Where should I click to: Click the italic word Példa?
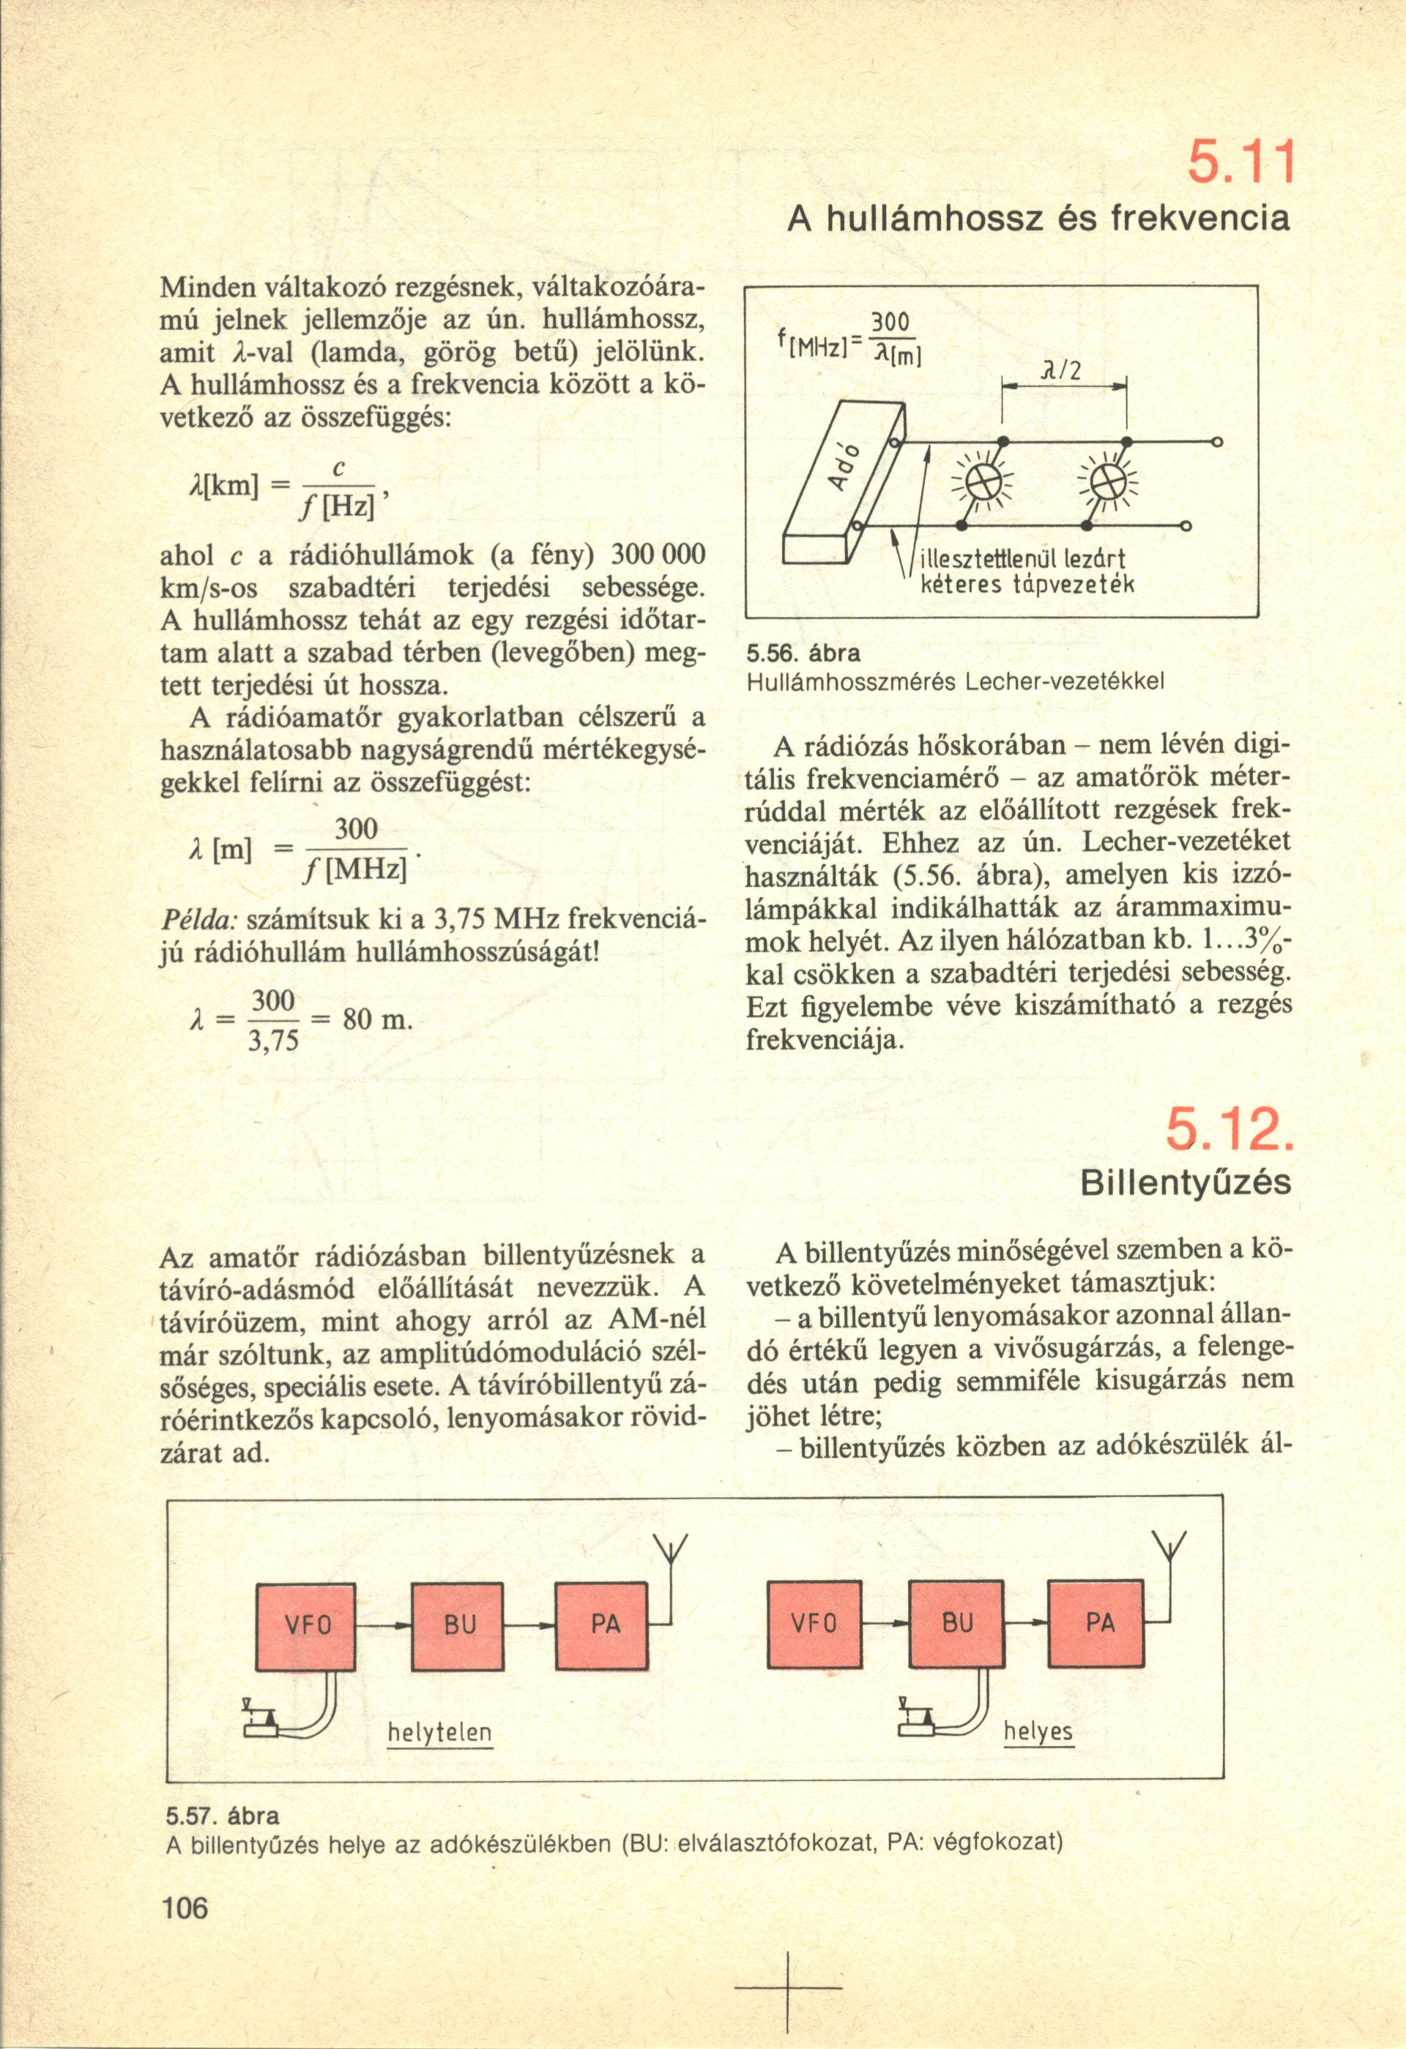coord(198,920)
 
